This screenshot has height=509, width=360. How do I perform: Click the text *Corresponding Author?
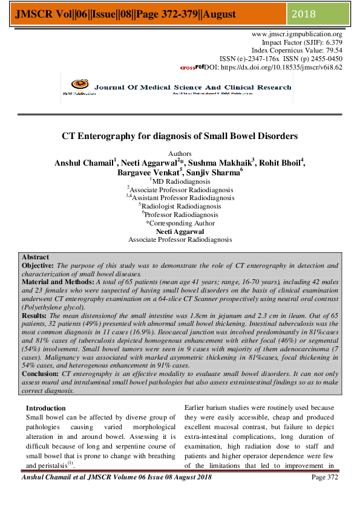(180, 223)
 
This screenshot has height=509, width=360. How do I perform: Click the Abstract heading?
(35, 258)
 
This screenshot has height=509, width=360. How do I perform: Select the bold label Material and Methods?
(58, 282)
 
